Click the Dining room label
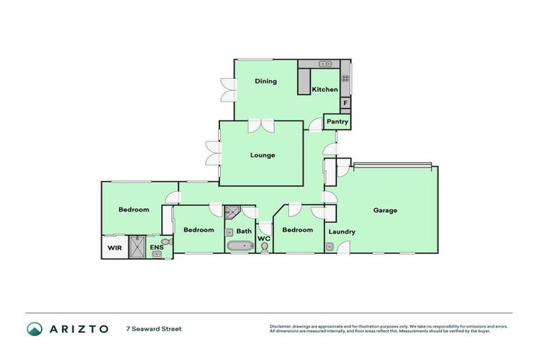[x=266, y=81]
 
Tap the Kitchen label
[x=325, y=89]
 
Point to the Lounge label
[x=262, y=155]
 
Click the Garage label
[x=385, y=210]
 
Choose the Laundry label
[x=341, y=231]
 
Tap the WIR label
[x=113, y=247]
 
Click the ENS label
[x=156, y=247]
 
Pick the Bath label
[x=244, y=231]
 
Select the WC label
[x=264, y=239]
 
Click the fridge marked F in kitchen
[x=345, y=103]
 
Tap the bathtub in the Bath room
[x=238, y=246]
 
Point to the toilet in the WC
[x=264, y=247]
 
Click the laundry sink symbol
[x=329, y=247]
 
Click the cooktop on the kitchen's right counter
[x=345, y=79]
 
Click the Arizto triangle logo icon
[x=34, y=328]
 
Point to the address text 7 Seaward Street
[x=153, y=328]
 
